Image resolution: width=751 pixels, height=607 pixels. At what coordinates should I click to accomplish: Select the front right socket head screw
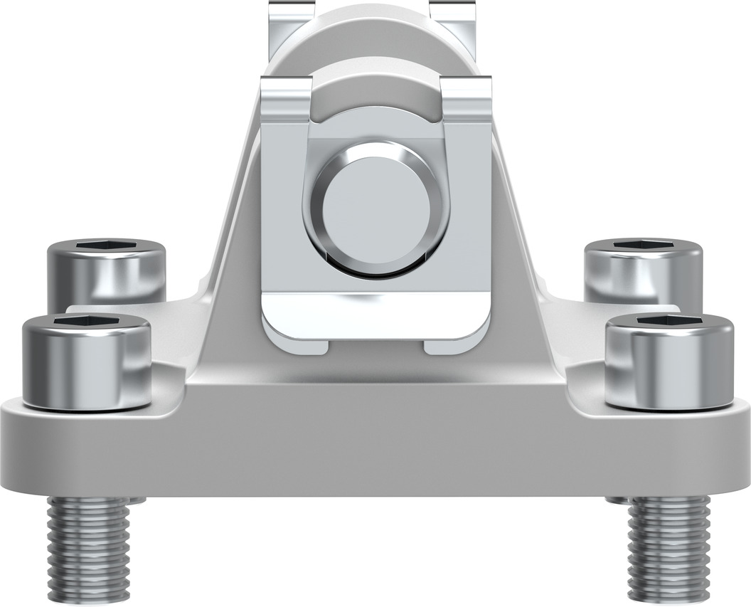pyautogui.click(x=669, y=366)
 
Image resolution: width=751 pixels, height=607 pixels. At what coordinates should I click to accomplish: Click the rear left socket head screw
pyautogui.click(x=107, y=274)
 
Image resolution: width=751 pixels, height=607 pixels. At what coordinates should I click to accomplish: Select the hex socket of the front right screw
pyautogui.click(x=670, y=322)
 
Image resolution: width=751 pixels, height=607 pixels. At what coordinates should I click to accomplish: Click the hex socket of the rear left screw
pyautogui.click(x=107, y=246)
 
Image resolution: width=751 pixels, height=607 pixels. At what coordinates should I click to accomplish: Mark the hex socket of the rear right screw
pyautogui.click(x=644, y=246)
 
